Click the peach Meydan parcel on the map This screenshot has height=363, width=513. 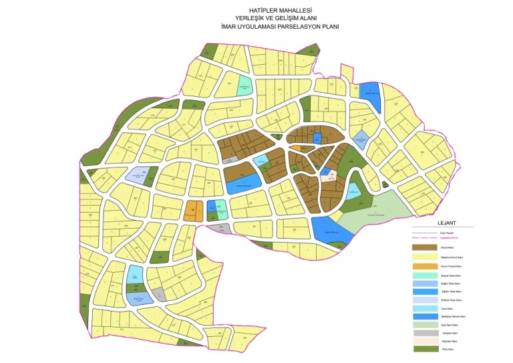click(x=328, y=177)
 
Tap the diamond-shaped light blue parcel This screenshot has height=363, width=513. click(x=361, y=138)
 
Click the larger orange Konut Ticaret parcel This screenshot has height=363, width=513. click(x=193, y=210)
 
